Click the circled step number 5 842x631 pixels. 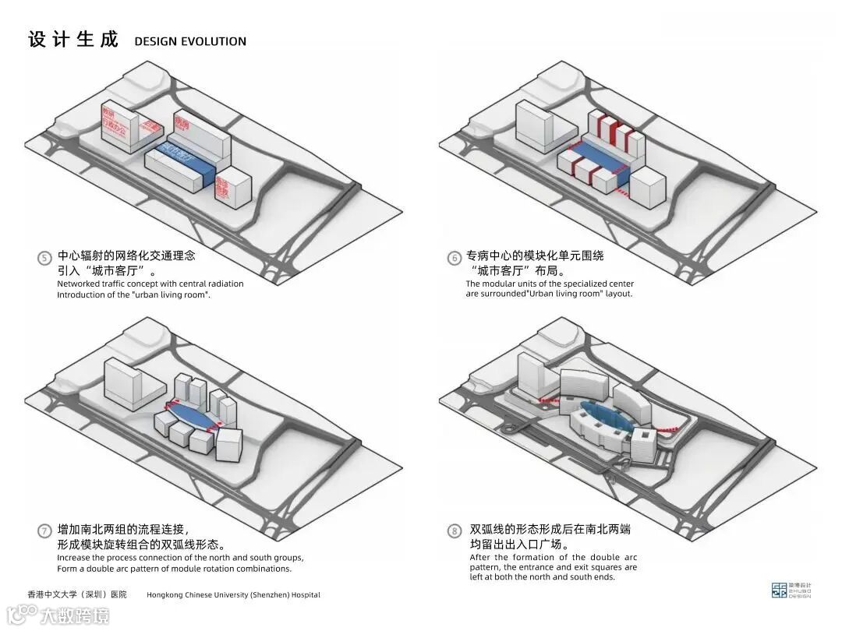(44, 258)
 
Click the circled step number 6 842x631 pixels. (454, 258)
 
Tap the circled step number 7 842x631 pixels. (44, 531)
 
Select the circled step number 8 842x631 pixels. (454, 531)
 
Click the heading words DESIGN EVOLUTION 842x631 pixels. (190, 41)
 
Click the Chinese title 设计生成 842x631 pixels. (73, 39)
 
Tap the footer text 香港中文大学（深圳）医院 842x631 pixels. (76, 594)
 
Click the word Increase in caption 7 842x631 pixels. (76, 558)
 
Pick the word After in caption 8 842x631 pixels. (480, 557)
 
